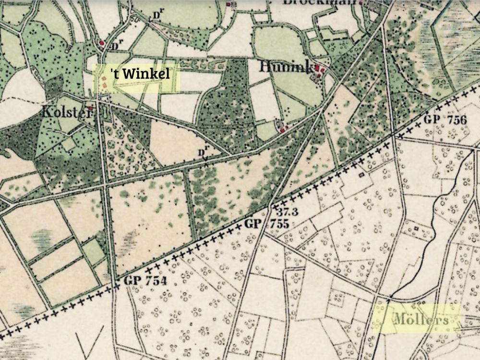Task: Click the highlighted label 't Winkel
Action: coord(140,74)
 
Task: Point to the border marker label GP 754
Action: coord(145,281)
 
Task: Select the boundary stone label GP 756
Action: coord(445,120)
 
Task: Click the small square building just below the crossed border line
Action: coord(361,175)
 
